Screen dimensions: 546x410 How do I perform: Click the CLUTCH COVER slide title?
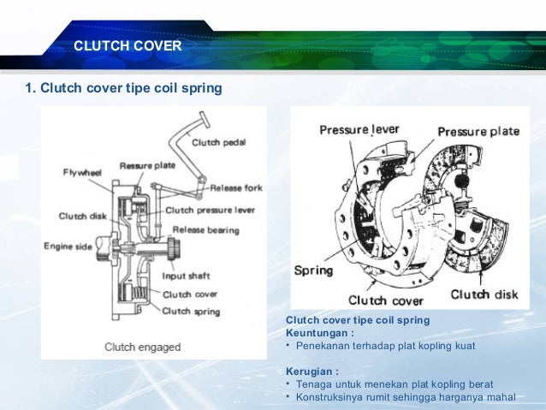pyautogui.click(x=128, y=45)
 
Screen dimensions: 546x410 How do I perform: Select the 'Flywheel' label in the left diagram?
pyautogui.click(x=82, y=172)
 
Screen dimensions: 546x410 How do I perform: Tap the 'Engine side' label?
pyautogui.click(x=68, y=247)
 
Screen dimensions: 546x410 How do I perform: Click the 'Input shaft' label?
pyautogui.click(x=187, y=276)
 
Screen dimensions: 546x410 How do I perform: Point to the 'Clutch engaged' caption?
pyautogui.click(x=143, y=347)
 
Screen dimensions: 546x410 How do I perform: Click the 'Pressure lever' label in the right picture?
pyautogui.click(x=359, y=129)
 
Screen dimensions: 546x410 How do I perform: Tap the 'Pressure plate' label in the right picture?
pyautogui.click(x=478, y=132)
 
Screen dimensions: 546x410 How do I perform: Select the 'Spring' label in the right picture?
pyautogui.click(x=313, y=270)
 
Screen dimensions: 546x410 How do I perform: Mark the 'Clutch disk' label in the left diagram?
pyautogui.click(x=83, y=216)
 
